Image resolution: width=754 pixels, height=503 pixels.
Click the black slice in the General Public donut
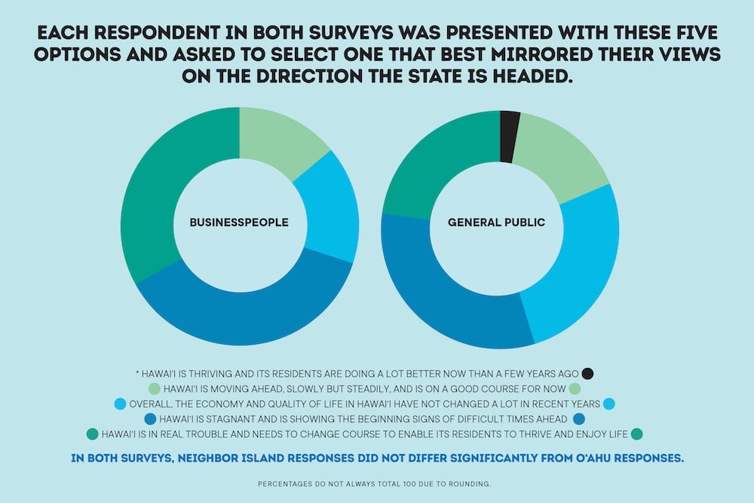click(x=509, y=136)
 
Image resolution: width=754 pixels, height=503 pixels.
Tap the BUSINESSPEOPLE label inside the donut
click(x=239, y=223)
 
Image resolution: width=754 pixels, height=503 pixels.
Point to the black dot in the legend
click(x=588, y=373)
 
